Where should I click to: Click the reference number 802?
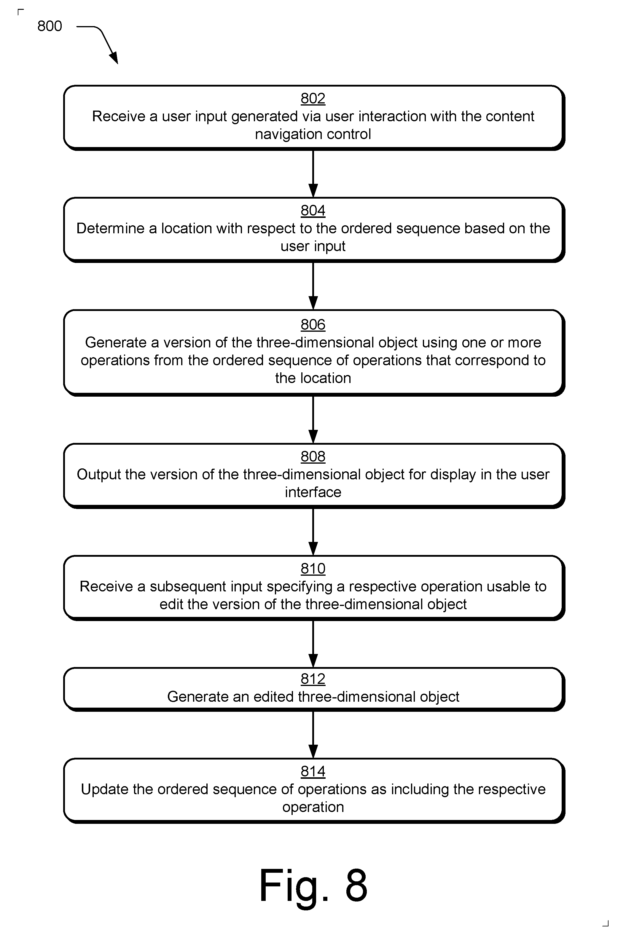pos(313,98)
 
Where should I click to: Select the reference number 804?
pos(313,210)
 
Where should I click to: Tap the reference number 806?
pos(313,324)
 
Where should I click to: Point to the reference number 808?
pos(313,456)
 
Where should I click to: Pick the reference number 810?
pos(313,568)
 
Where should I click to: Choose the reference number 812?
pos(313,678)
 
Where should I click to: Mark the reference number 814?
pos(313,771)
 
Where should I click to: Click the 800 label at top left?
pos(50,26)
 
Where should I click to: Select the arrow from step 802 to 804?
pos(313,174)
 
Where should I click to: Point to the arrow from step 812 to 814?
pos(313,735)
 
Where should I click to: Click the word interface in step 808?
pos(313,492)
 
